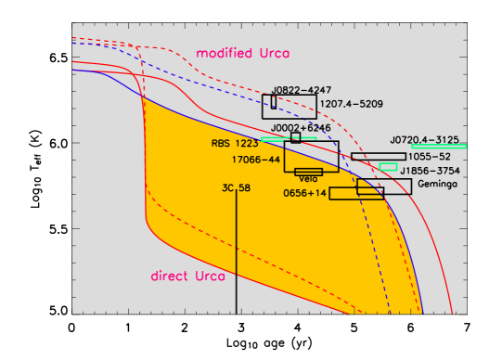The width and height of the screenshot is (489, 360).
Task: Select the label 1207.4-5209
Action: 350,103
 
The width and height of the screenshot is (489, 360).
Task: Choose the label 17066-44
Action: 255,160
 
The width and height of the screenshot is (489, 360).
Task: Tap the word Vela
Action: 308,179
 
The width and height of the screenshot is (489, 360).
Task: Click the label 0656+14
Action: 305,193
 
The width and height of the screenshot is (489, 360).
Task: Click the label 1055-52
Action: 430,157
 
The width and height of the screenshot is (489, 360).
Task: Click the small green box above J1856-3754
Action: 388,167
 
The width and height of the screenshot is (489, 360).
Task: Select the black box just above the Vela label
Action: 308,172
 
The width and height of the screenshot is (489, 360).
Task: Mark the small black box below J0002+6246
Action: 295,137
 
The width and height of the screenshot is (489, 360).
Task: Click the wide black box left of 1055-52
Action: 378,157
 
